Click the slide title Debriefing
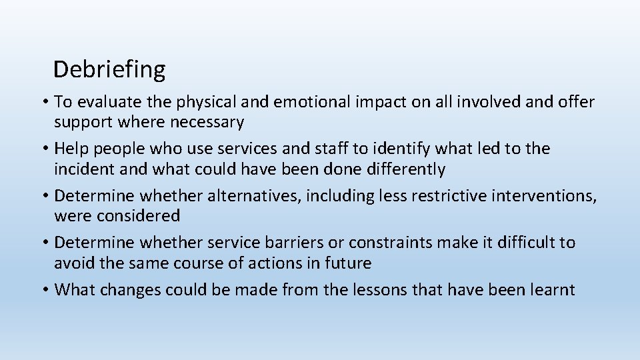pyautogui.click(x=109, y=69)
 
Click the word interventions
pyautogui.click(x=544, y=195)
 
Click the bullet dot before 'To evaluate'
pyautogui.click(x=44, y=103)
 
